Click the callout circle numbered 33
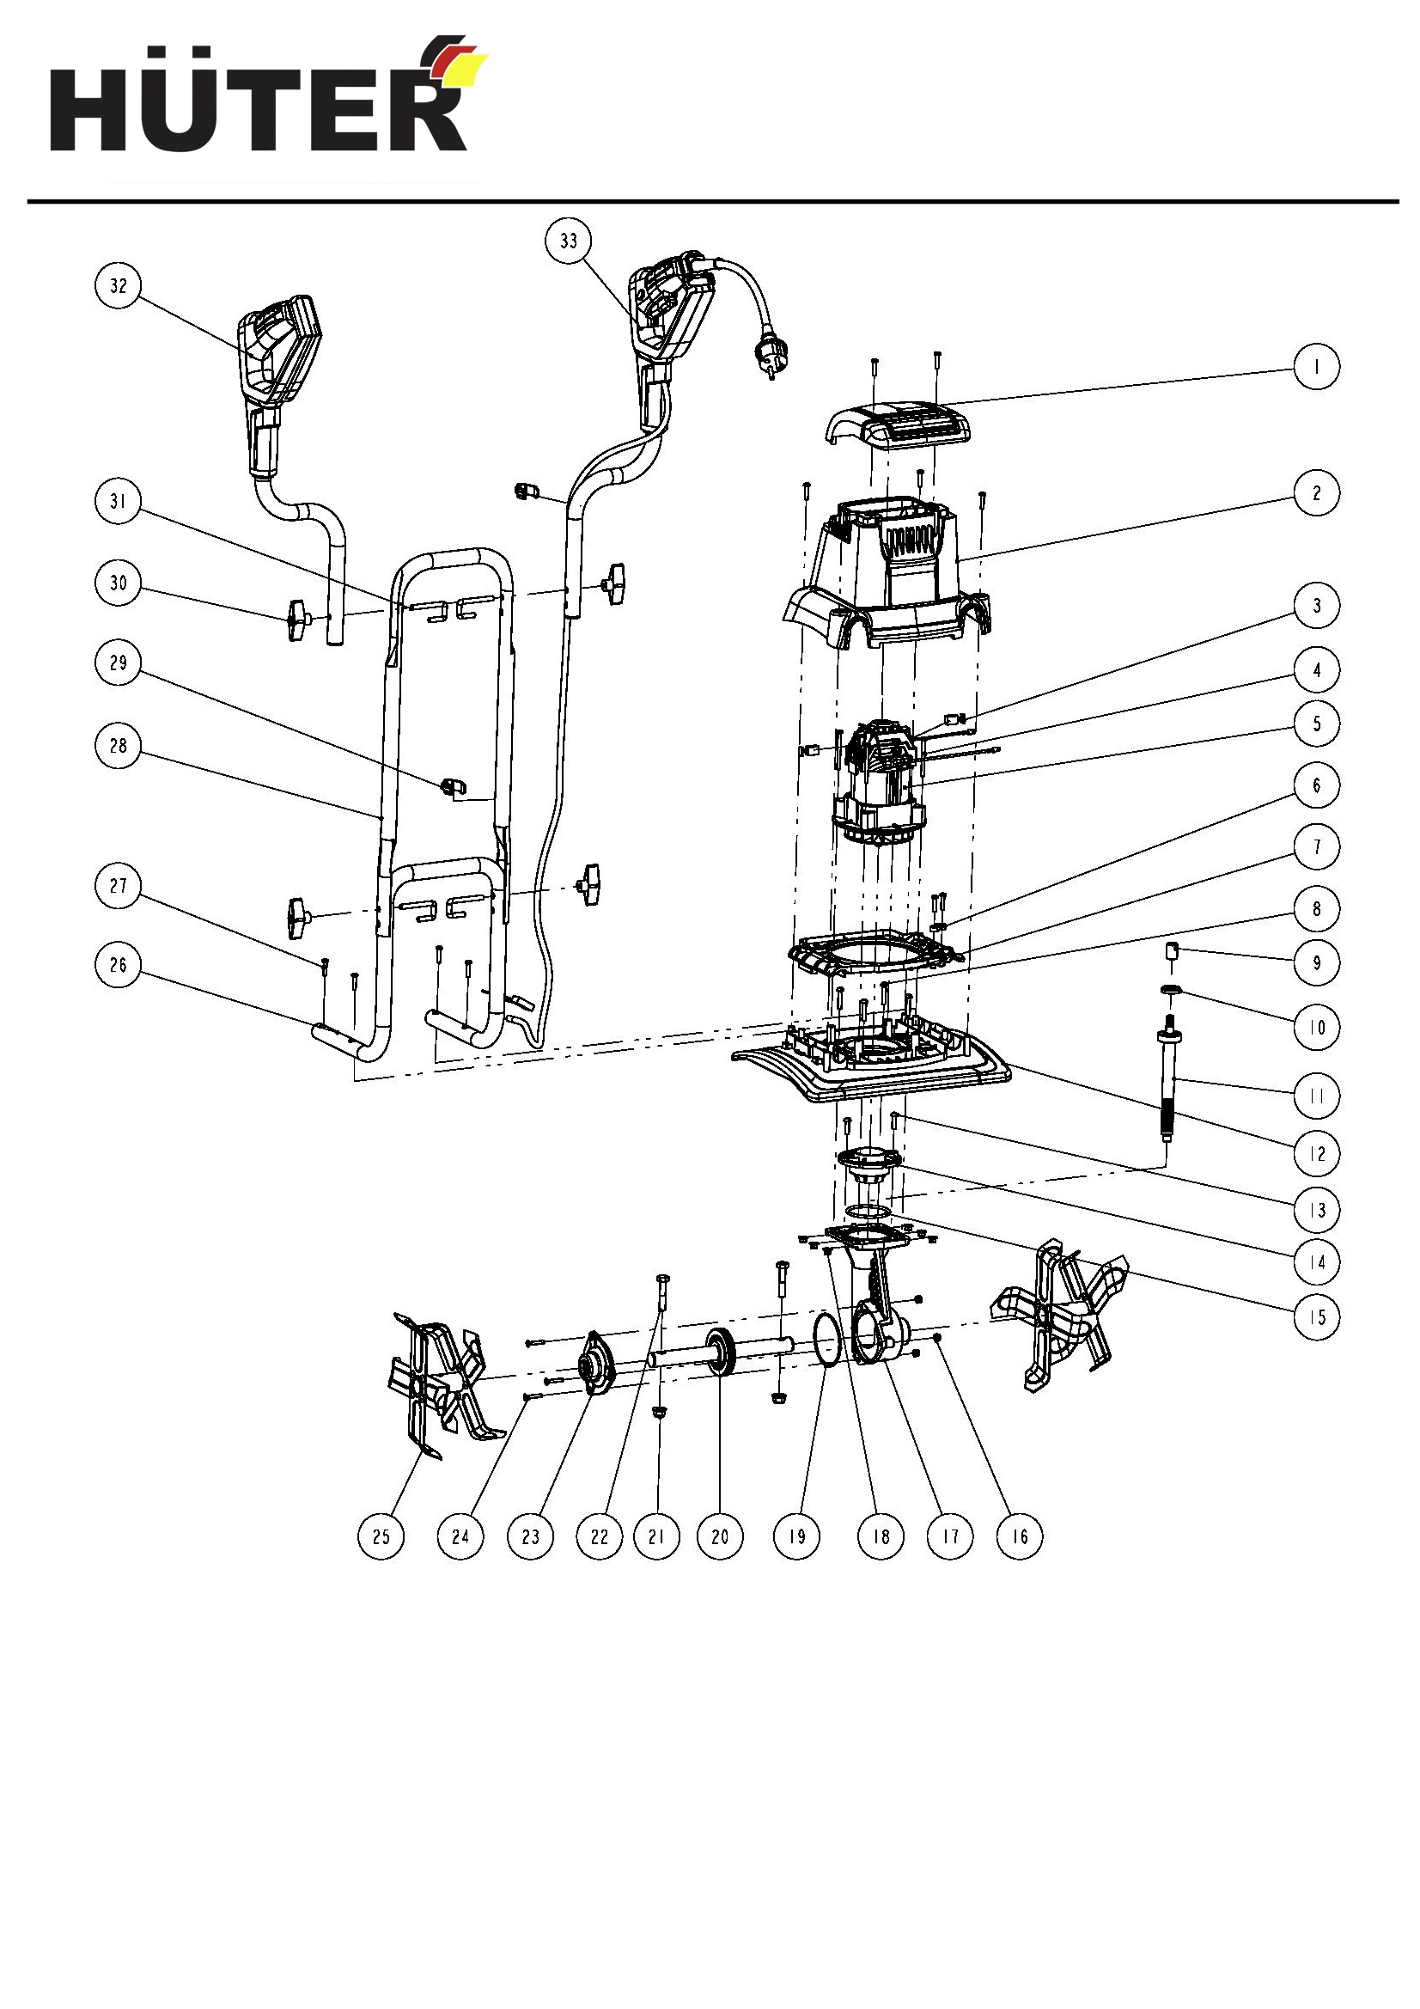[x=569, y=241]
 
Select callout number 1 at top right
[x=1317, y=367]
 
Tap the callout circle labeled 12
[x=1317, y=1153]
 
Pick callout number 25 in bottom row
[x=381, y=1536]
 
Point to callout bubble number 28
[x=118, y=746]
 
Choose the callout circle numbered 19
[x=797, y=1536]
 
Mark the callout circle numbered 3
[x=1317, y=606]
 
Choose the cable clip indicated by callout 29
[x=454, y=786]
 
